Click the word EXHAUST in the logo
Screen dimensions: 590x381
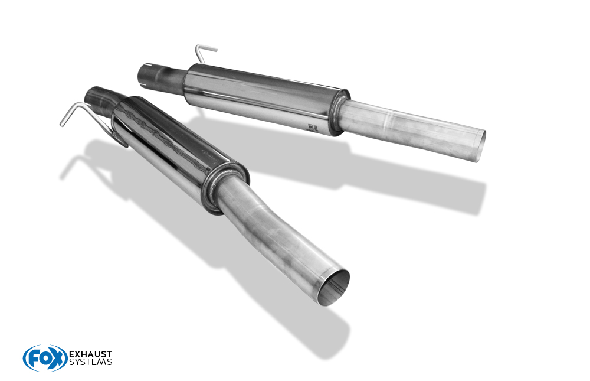click(90, 354)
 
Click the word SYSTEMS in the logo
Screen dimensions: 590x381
click(90, 362)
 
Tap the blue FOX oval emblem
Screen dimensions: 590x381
click(45, 358)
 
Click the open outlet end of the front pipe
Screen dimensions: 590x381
click(333, 287)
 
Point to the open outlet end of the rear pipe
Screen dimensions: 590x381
click(480, 145)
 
